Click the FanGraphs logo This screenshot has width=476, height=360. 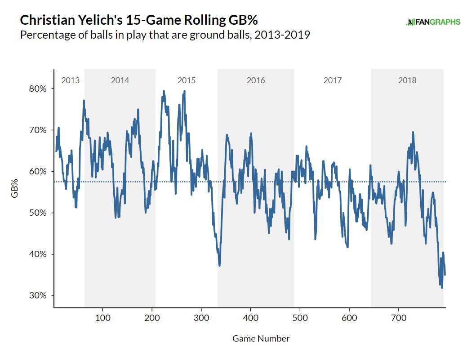point(433,22)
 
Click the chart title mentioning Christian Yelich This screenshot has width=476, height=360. point(139,21)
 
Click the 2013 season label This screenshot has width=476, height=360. point(70,80)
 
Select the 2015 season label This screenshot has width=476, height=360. point(187,80)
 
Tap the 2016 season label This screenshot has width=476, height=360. point(256,80)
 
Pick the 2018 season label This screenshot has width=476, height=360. point(407,80)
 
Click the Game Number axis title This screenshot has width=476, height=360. point(261,338)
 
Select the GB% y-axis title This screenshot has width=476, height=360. point(14,188)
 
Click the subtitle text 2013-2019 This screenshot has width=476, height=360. point(281,35)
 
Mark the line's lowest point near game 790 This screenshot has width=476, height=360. point(442,288)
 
